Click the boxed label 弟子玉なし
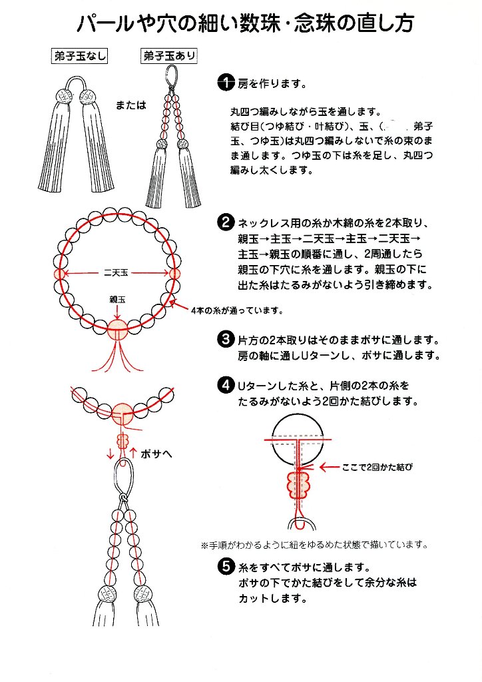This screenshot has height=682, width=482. [x=80, y=56]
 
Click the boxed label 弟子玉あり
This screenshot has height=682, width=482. [x=169, y=56]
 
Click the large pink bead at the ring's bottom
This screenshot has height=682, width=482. [x=118, y=327]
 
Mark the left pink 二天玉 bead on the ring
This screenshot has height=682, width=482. [x=59, y=273]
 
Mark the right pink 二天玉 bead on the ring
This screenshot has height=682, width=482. [x=175, y=273]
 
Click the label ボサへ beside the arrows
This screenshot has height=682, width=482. [x=157, y=455]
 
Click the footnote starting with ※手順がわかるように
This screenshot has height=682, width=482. [x=314, y=544]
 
